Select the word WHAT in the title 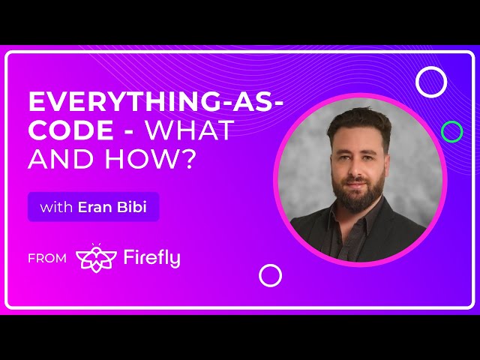click(189, 130)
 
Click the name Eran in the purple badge click(96, 207)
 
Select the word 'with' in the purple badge click(55, 207)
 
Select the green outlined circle click(451, 132)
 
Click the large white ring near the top click(431, 82)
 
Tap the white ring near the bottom click(270, 275)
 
